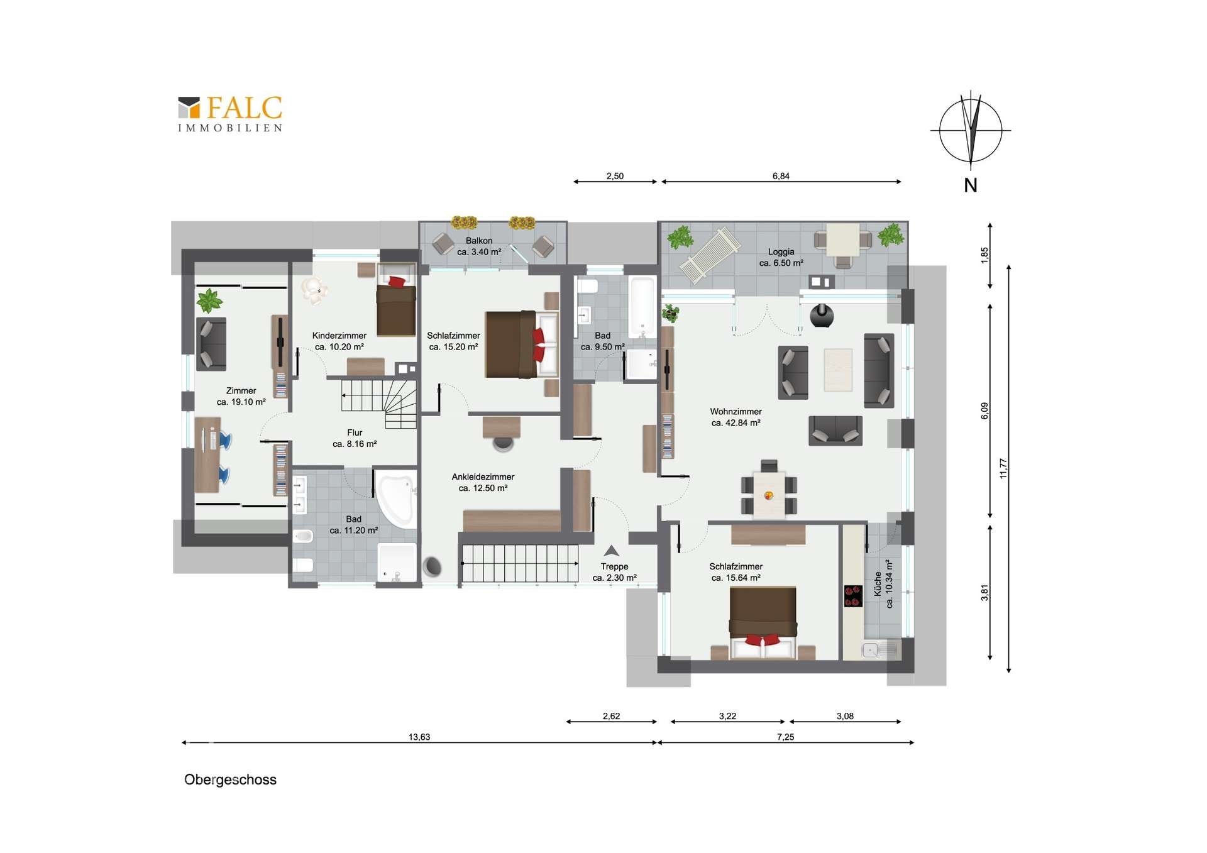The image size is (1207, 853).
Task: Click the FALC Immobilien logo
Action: (x=230, y=114)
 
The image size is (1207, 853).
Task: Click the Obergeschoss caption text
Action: (x=230, y=779)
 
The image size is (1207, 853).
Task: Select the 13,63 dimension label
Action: (x=419, y=737)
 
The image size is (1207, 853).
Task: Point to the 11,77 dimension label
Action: (x=1003, y=468)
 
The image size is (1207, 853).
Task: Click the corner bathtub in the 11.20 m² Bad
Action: (x=396, y=500)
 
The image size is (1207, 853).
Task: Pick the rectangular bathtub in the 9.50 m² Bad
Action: (x=642, y=307)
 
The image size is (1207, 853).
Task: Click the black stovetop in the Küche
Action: (x=852, y=596)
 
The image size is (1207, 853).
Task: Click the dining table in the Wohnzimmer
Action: (x=769, y=495)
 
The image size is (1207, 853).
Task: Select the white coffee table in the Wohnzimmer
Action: (x=838, y=370)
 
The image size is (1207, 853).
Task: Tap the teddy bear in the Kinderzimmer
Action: (x=313, y=290)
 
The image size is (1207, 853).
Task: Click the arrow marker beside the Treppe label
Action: (x=611, y=551)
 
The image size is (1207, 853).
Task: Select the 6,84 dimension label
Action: (x=781, y=176)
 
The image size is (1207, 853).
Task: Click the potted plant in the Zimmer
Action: (x=209, y=300)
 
